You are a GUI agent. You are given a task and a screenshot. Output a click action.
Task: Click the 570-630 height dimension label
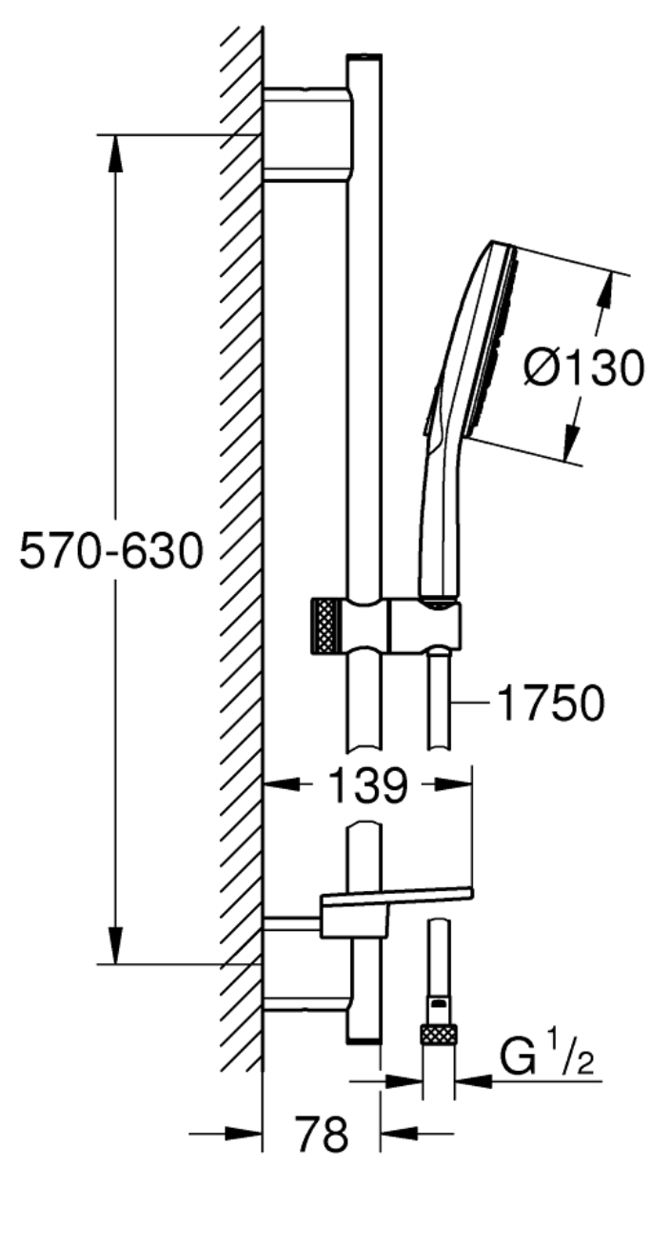point(111,551)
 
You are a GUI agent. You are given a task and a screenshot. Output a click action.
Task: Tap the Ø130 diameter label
point(583,367)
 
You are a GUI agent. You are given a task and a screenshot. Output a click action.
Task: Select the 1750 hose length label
point(551,703)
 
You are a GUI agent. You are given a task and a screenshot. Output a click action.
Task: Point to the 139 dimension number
point(369,785)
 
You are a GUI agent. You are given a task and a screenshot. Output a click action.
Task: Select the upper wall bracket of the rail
point(307,133)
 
